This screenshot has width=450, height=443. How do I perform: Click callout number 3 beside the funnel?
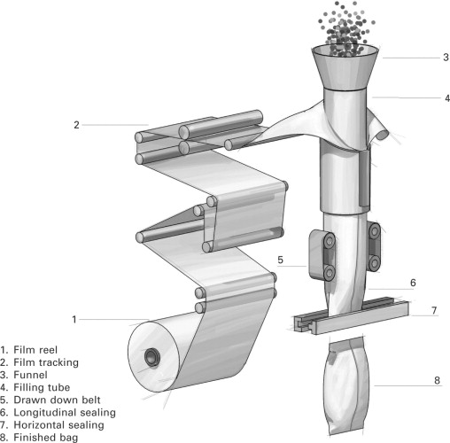[446, 58]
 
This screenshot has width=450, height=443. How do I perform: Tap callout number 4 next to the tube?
[447, 98]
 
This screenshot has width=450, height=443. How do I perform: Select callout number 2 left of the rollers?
[76, 125]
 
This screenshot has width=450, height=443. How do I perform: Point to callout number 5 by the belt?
[280, 260]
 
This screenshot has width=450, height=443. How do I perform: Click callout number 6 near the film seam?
[413, 283]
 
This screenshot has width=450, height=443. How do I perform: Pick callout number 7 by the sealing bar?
[434, 310]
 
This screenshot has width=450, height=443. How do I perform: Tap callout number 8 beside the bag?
[438, 380]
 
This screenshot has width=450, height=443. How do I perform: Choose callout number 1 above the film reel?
[74, 319]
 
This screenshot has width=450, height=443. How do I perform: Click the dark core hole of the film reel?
[152, 357]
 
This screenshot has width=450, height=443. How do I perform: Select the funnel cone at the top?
[345, 67]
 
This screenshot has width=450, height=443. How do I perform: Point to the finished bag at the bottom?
[346, 385]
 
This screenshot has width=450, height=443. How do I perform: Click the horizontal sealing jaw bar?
[352, 316]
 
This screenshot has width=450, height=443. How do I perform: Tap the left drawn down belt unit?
[322, 256]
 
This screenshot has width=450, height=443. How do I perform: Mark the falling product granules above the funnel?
[345, 29]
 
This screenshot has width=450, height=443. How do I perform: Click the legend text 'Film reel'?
[35, 350]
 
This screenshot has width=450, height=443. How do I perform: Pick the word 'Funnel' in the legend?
[30, 375]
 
